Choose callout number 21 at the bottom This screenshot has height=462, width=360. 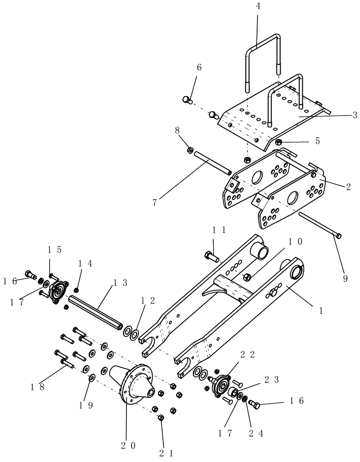pyautogui.click(x=166, y=453)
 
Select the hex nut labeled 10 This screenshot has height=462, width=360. pyautogui.click(x=247, y=277)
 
